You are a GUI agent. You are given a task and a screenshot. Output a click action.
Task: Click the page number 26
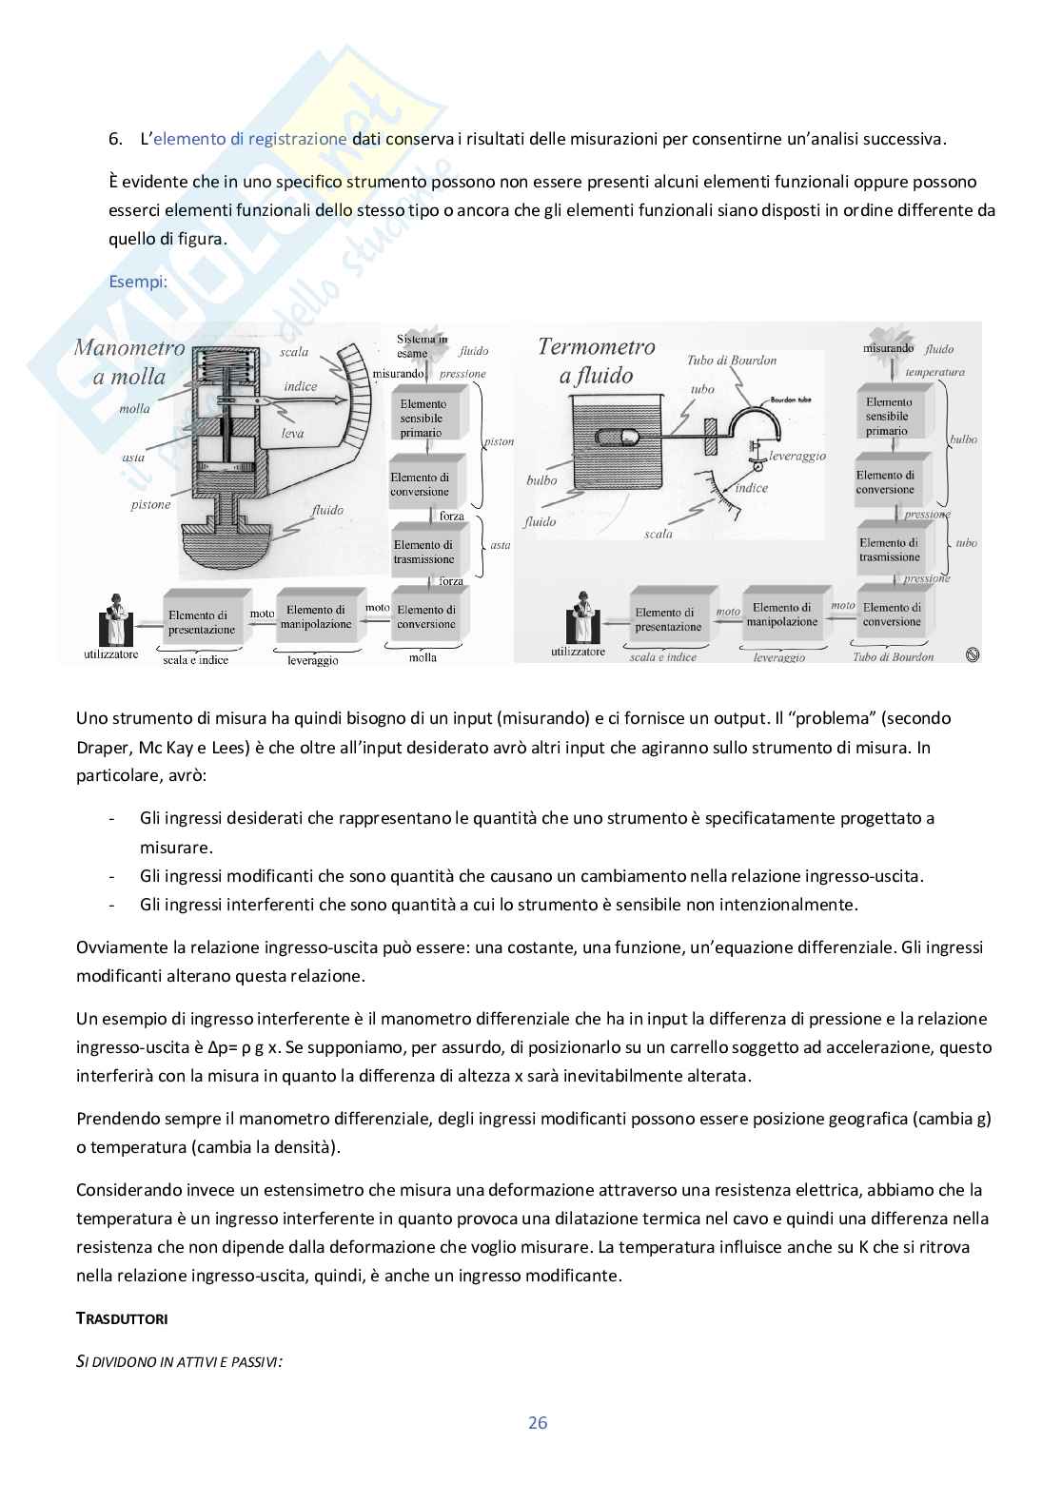(x=538, y=1423)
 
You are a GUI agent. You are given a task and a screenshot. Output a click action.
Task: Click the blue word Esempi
(x=138, y=282)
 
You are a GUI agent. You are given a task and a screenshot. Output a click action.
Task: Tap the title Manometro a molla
(x=129, y=361)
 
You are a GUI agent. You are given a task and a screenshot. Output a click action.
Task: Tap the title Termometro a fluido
(x=597, y=361)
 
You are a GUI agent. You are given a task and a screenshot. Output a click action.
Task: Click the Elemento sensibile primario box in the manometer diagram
(x=423, y=418)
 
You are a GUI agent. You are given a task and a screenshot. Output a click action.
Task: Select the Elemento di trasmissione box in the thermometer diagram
(x=891, y=550)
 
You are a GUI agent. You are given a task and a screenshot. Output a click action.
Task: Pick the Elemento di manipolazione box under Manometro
(x=316, y=617)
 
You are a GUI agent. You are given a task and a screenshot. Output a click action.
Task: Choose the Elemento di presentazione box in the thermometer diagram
(x=668, y=619)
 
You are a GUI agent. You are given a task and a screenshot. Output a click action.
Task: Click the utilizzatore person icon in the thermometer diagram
(x=579, y=620)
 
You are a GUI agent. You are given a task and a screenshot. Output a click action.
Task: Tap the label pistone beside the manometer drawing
(x=150, y=504)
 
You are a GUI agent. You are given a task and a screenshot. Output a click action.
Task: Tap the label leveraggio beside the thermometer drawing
(x=797, y=456)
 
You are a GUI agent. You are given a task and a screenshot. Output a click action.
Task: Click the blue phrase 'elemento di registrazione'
(x=249, y=139)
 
